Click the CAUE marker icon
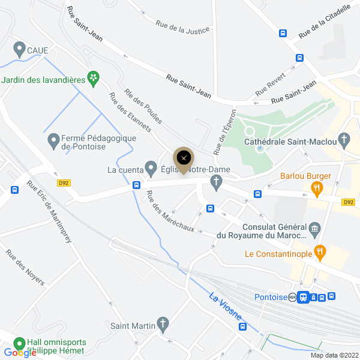point(19,50)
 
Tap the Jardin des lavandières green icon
point(93,77)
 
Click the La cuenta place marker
point(152,169)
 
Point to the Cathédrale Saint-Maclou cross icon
point(344,142)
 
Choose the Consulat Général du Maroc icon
point(314,229)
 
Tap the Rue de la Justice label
point(182,26)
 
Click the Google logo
point(20,353)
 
